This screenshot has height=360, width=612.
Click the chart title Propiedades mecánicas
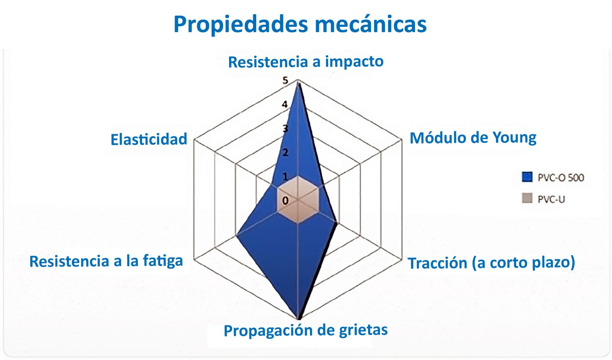[x=300, y=24]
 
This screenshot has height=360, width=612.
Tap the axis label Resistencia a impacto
[x=306, y=61]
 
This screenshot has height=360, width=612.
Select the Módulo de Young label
[x=473, y=138]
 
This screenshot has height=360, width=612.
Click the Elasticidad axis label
[x=149, y=139]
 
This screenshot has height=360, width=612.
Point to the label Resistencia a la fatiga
[x=106, y=261]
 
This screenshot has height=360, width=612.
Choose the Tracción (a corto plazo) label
[x=492, y=263]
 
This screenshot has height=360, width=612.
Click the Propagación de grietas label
[x=306, y=330]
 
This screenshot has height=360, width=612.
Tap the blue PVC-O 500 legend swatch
[x=527, y=177]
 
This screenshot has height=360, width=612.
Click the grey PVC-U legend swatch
[x=527, y=198]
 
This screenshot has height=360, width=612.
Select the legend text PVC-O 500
[x=561, y=178]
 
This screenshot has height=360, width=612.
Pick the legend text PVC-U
[x=551, y=200]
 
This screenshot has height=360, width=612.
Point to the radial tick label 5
[x=285, y=80]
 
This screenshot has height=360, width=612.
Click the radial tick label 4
[x=285, y=104]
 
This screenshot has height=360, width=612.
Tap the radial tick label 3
[x=285, y=128]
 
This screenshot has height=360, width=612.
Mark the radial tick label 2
[x=285, y=153]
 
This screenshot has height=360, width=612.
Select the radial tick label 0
[x=285, y=201]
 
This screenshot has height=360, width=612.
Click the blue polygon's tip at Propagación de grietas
[x=298, y=319]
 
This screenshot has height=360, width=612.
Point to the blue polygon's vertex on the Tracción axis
[x=337, y=223]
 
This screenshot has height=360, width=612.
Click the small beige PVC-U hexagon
[x=298, y=200]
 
